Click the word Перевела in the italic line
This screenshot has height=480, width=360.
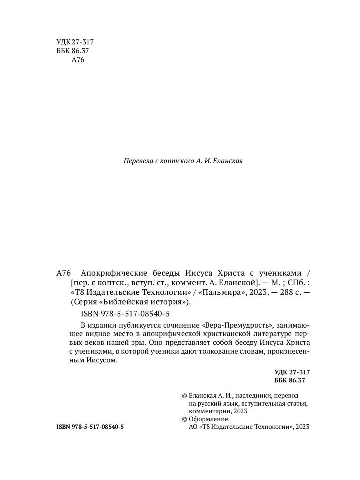pyautogui.click(x=138, y=162)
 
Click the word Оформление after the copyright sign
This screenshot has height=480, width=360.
pyautogui.click(x=210, y=419)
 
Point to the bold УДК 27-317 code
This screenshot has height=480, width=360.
pyautogui.click(x=292, y=372)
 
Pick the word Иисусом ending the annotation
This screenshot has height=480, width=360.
pyautogui.click(x=104, y=361)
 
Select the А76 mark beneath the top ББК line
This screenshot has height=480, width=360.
pyautogui.click(x=78, y=60)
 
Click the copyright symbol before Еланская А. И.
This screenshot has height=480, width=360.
pyautogui.click(x=184, y=395)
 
